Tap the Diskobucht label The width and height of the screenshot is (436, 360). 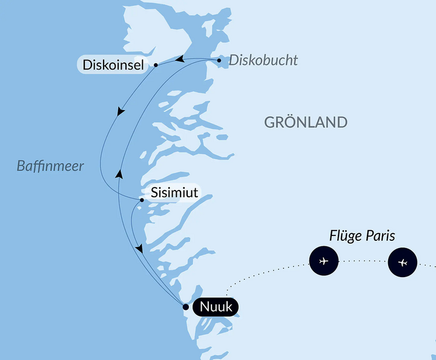click(x=263, y=61)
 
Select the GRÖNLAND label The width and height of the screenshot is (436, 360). click(x=306, y=122)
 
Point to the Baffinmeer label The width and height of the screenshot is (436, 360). click(x=51, y=166)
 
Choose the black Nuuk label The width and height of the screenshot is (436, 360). click(x=215, y=307)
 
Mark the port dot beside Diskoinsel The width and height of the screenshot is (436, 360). click(x=156, y=65)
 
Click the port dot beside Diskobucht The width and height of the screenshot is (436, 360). click(x=219, y=61)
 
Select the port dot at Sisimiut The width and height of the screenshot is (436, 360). click(x=142, y=200)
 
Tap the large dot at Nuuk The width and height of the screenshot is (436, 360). click(x=185, y=307)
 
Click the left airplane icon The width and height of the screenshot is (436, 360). click(x=323, y=261)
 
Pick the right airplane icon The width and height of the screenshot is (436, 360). click(x=403, y=263)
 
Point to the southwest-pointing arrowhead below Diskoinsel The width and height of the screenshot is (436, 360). click(x=121, y=113)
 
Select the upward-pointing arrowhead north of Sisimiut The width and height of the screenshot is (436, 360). click(x=119, y=174)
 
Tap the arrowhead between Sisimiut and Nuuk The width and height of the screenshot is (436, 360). click(x=140, y=249)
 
